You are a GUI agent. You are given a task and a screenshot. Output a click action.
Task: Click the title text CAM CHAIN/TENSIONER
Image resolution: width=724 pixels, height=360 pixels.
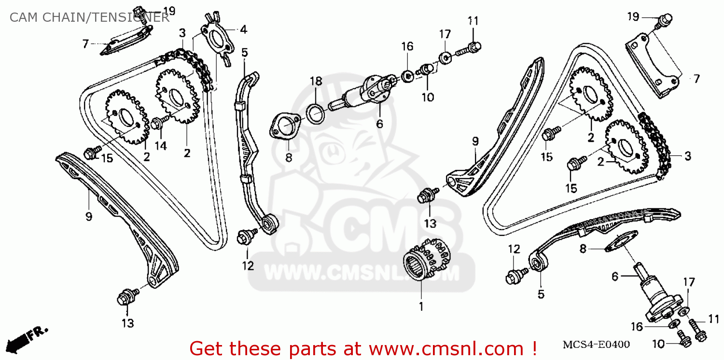[x=89, y=18]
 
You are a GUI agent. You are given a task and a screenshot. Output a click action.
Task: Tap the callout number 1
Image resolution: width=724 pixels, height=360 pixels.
[x=420, y=306]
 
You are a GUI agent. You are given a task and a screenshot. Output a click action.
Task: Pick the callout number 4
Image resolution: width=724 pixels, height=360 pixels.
[x=243, y=30]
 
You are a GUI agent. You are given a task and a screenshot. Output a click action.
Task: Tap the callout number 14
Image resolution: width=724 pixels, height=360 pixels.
[x=161, y=145]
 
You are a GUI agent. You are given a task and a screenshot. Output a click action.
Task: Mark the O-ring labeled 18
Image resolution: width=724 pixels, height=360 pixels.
[x=316, y=114]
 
